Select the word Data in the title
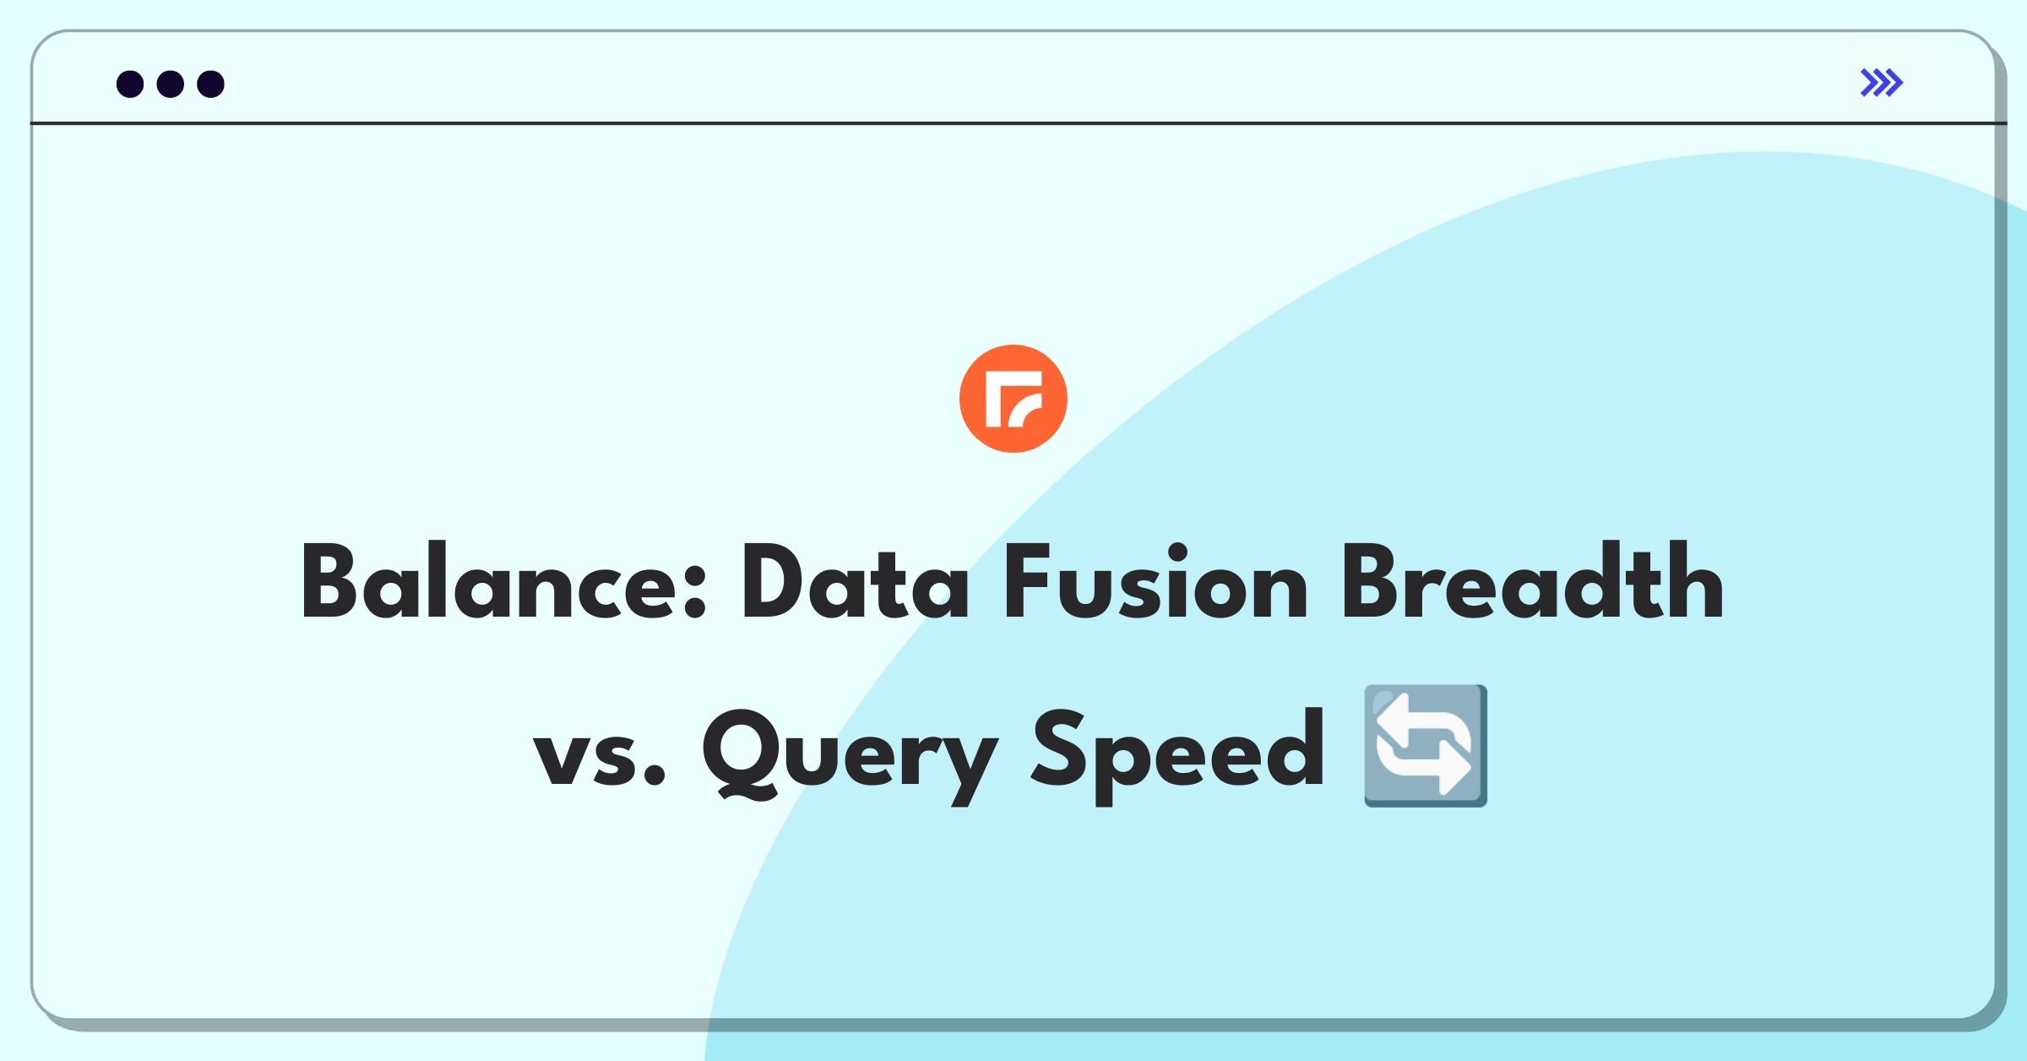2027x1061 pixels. (856, 582)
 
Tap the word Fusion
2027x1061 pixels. (1156, 582)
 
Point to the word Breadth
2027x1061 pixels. (1533, 580)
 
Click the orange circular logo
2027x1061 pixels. (1013, 399)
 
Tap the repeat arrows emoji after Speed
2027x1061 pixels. (1426, 746)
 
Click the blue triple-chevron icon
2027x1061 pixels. (1882, 83)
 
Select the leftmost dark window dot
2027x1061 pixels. (130, 84)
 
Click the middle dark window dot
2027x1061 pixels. (171, 84)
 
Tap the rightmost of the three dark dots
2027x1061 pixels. (211, 84)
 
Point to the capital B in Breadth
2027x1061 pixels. (1373, 581)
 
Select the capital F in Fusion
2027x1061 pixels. (1027, 581)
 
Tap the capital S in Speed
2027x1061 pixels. (1058, 748)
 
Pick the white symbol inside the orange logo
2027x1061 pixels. (1014, 399)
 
